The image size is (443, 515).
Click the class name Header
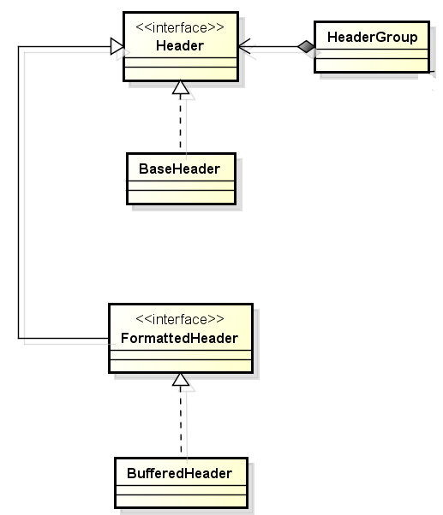(x=180, y=45)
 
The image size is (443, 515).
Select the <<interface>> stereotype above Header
(x=180, y=27)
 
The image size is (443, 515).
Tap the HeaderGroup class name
(x=372, y=37)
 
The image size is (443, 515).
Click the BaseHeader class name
(x=179, y=169)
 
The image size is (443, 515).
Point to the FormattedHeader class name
(x=180, y=338)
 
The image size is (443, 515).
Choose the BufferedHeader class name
(x=180, y=474)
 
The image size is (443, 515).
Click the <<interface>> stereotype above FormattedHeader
(x=180, y=319)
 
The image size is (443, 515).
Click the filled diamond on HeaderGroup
(x=306, y=47)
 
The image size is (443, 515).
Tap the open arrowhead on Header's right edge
(x=244, y=47)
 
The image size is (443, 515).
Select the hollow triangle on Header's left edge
(x=117, y=46)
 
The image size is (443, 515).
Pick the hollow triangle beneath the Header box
(x=181, y=87)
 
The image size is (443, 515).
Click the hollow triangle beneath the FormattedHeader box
(x=181, y=379)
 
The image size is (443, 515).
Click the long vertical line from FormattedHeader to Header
(x=18, y=192)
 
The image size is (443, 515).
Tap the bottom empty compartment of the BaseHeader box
(x=181, y=197)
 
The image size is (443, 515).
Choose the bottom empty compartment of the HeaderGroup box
(x=372, y=64)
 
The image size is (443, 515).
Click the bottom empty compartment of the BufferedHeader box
(x=181, y=500)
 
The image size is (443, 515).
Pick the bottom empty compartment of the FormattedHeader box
(x=181, y=365)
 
